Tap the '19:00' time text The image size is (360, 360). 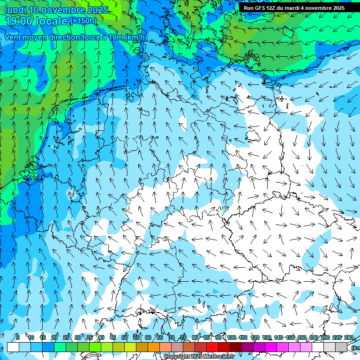(x=21, y=21)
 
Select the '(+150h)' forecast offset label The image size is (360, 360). (x=83, y=21)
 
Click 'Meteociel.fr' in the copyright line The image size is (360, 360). (x=219, y=357)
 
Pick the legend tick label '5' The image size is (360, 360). (x=17, y=337)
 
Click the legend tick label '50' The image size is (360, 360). (x=124, y=337)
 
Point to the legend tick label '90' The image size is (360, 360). (x=218, y=337)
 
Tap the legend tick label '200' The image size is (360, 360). (x=325, y=337)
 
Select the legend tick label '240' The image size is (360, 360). (x=348, y=337)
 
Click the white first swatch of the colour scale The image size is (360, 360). (x=13, y=347)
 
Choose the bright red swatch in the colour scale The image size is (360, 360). (x=212, y=347)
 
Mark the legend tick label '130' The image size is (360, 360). (x=267, y=337)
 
